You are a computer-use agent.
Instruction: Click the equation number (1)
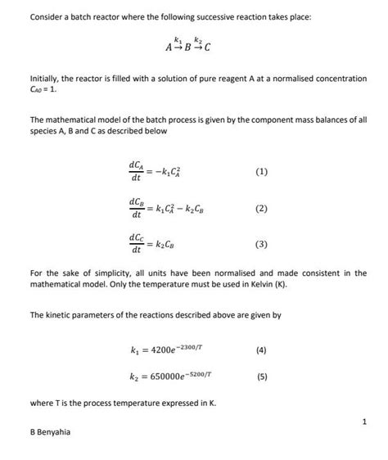260,172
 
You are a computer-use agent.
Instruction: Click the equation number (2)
260,208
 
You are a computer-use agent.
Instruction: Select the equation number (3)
260,244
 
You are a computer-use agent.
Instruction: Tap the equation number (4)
260,350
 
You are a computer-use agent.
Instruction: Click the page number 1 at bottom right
363,422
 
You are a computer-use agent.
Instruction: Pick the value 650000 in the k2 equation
161,377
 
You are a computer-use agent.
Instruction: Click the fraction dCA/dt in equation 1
136,172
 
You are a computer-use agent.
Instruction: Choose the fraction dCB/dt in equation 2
136,208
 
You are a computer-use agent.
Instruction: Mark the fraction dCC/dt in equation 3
136,244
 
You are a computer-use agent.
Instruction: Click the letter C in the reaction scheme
207,47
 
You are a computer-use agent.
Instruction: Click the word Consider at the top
46,17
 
